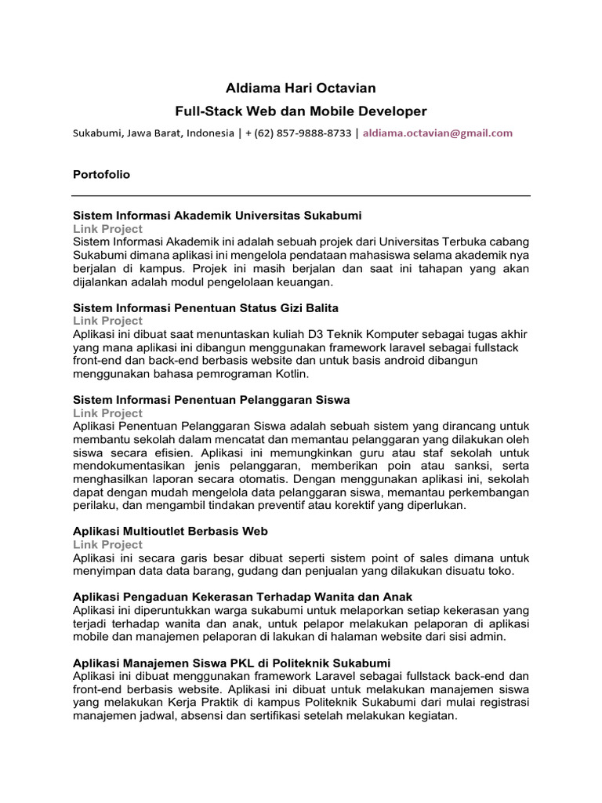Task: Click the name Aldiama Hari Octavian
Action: pyautogui.click(x=301, y=88)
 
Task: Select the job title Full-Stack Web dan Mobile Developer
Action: pyautogui.click(x=301, y=111)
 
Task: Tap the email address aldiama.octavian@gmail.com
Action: pyautogui.click(x=437, y=133)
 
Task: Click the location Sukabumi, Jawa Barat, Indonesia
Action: pyautogui.click(x=154, y=133)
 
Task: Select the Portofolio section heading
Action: pyautogui.click(x=101, y=175)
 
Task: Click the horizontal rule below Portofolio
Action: pyautogui.click(x=301, y=195)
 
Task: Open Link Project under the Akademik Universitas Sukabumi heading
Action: pyautogui.click(x=107, y=228)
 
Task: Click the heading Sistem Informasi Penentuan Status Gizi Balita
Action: pyautogui.click(x=205, y=307)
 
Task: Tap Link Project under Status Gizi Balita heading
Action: pyautogui.click(x=107, y=320)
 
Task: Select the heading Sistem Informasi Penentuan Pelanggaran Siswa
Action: pyautogui.click(x=211, y=400)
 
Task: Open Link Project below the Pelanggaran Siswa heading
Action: pyautogui.click(x=107, y=413)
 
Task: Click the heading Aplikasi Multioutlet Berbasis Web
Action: pyautogui.click(x=170, y=531)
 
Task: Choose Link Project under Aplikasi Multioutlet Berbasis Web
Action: pyautogui.click(x=107, y=544)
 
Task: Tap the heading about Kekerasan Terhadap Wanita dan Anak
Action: pyautogui.click(x=242, y=597)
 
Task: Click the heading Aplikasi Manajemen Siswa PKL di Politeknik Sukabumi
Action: pyautogui.click(x=231, y=663)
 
